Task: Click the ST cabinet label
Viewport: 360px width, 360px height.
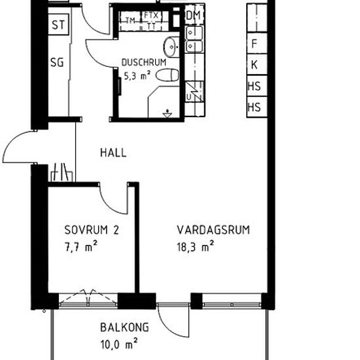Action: (58, 26)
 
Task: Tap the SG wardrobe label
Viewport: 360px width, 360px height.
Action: (58, 63)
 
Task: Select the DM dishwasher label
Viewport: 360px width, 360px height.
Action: (193, 15)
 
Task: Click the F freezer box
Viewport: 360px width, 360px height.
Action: (254, 45)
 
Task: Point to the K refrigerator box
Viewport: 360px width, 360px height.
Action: (254, 65)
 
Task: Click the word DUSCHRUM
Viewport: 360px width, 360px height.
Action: (149, 63)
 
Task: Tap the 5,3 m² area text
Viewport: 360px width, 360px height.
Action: (137, 75)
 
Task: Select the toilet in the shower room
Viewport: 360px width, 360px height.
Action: (169, 75)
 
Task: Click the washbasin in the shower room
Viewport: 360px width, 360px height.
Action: (171, 46)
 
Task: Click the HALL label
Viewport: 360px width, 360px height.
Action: (113, 153)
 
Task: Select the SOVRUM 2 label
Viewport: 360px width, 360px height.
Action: (91, 230)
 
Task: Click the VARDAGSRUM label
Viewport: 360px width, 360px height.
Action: (214, 230)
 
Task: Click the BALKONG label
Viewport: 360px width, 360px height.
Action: (124, 327)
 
